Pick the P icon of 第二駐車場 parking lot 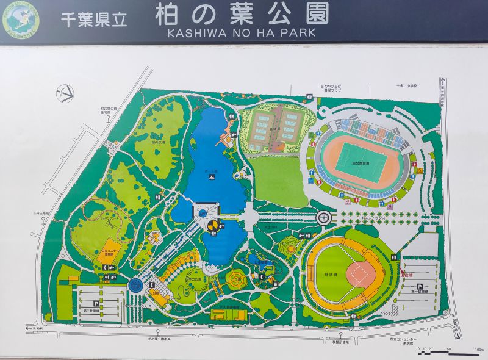point(96,303)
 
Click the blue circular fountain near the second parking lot point(135,284)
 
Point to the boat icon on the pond point(211,177)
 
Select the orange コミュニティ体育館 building point(108,254)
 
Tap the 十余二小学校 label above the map point(404,87)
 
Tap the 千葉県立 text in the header point(93,19)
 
